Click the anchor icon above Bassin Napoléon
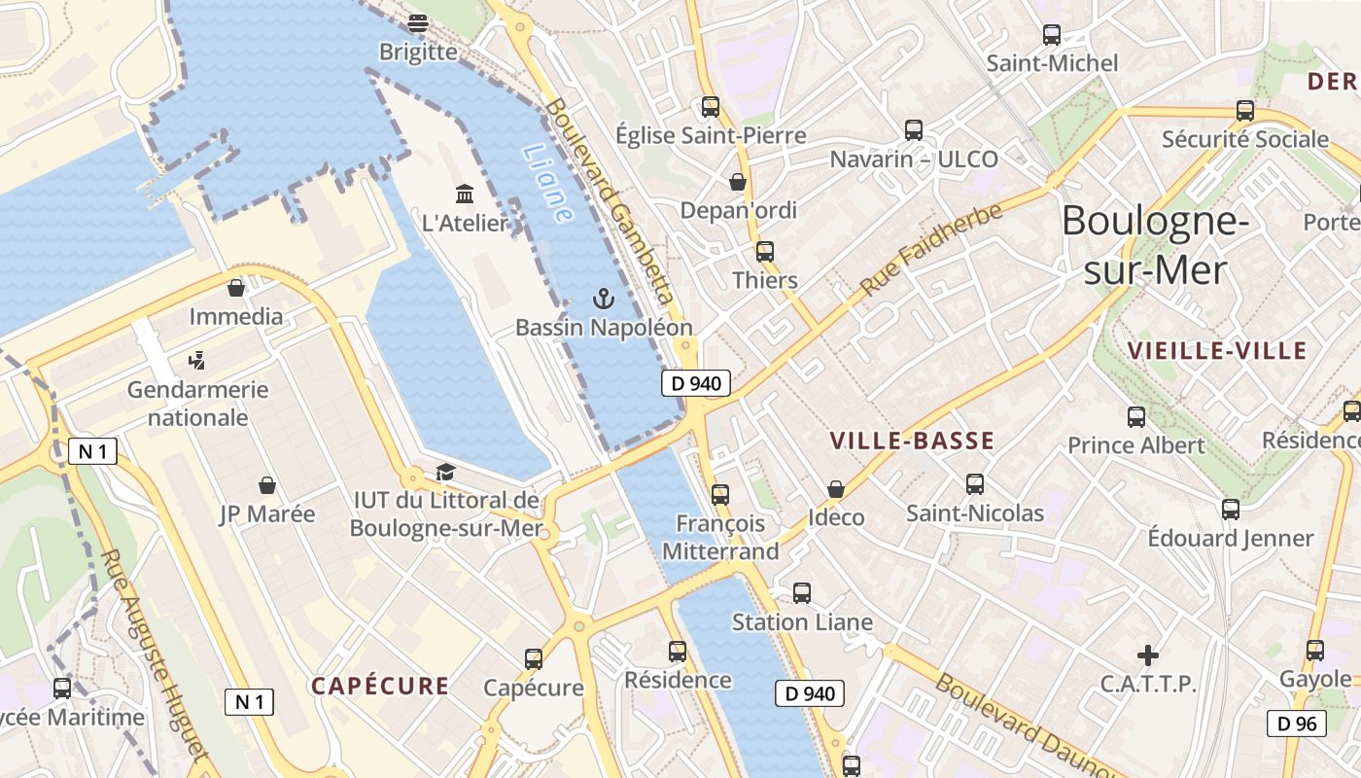coord(604,299)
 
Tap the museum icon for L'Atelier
coord(465,194)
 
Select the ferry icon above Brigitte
coord(418,22)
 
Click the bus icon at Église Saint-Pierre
coord(711,106)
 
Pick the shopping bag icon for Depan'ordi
coord(738,181)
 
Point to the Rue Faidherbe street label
coord(930,250)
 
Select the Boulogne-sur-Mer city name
coord(1155,245)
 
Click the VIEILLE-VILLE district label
coord(1216,351)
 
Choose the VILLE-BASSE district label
coord(912,442)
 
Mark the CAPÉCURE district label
coord(380,686)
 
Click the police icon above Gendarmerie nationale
coord(197,361)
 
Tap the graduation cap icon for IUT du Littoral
coord(445,472)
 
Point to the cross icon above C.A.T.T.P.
coord(1148,654)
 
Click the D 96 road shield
coord(1297,723)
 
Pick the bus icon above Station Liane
coord(802,592)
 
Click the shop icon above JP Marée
coord(267,484)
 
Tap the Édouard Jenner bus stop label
coord(1230,538)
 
